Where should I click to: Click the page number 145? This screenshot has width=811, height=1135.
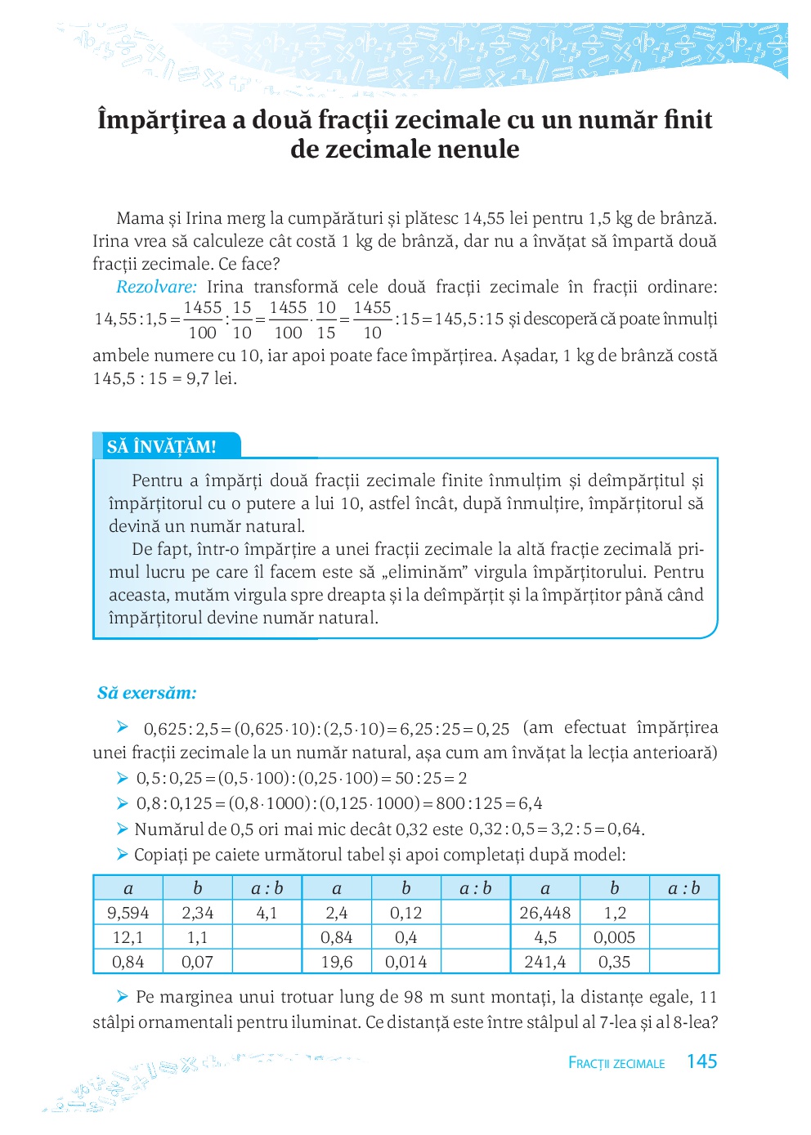[x=701, y=1061]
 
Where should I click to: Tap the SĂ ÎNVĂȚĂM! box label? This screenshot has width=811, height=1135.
[x=162, y=447]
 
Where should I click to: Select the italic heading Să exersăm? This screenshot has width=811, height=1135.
[x=147, y=693]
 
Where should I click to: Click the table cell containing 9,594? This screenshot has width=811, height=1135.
[x=128, y=913]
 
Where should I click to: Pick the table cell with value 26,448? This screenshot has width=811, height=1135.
[x=545, y=913]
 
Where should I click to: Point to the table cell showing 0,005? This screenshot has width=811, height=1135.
[x=614, y=937]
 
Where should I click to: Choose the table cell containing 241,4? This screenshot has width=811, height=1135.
[x=545, y=962]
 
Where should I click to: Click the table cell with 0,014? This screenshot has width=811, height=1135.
[x=406, y=962]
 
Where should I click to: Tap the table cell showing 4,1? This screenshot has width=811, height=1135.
[x=267, y=913]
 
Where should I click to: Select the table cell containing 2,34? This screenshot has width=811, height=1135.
[x=198, y=913]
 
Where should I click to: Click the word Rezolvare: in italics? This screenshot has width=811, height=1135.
[x=156, y=287]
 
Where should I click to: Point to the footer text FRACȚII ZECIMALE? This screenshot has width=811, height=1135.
[x=616, y=1063]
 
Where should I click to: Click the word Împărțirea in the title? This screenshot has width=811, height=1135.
[x=161, y=120]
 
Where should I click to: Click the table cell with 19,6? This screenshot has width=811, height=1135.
[x=337, y=962]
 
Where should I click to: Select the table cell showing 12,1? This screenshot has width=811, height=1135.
[x=128, y=937]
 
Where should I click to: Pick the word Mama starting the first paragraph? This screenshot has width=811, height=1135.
[x=140, y=218]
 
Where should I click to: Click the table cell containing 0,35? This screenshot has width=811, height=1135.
[x=614, y=962]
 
